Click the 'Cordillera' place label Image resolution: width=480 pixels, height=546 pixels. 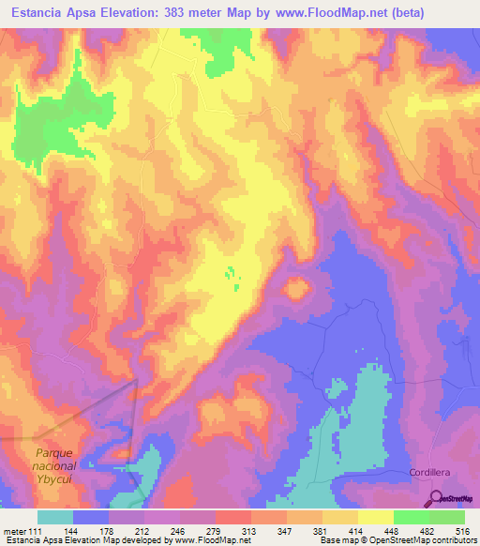pyautogui.click(x=431, y=471)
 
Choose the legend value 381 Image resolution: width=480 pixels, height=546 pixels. pyautogui.click(x=322, y=531)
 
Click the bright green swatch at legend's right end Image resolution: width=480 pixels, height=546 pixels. pyautogui.click(x=446, y=517)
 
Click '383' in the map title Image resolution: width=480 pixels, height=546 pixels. pyautogui.click(x=202, y=13)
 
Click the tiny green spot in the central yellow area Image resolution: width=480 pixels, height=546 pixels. pyautogui.click(x=230, y=274)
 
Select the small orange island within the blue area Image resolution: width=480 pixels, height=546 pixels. pyautogui.click(x=297, y=289)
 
